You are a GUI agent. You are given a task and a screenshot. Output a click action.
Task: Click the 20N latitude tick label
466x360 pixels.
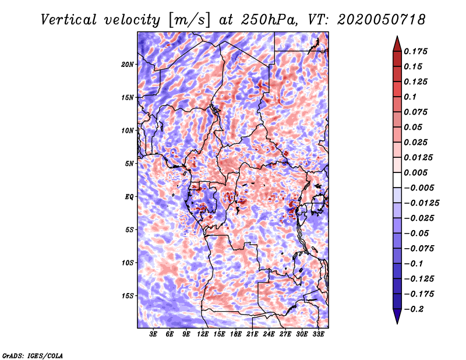(x=128, y=64)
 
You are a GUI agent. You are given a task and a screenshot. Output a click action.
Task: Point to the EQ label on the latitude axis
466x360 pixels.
(x=129, y=197)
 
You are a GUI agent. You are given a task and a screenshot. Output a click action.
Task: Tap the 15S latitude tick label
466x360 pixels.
(x=128, y=296)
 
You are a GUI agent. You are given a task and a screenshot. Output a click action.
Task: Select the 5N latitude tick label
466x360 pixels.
(x=129, y=164)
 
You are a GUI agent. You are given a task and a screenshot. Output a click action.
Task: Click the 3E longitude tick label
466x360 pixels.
(x=153, y=334)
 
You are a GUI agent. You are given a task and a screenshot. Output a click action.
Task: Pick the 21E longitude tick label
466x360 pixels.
(x=252, y=334)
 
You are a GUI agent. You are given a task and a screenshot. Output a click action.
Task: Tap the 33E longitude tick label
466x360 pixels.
(x=318, y=334)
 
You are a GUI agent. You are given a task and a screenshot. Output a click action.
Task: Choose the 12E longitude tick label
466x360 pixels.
(x=203, y=334)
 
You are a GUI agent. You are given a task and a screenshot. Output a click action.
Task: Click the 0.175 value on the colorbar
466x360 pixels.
(x=415, y=51)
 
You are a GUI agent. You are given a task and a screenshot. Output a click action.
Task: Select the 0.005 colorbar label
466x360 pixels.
(x=415, y=172)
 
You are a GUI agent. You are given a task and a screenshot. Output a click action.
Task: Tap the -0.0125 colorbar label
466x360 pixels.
(x=421, y=203)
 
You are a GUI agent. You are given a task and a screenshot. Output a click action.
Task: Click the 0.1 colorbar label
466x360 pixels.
(x=410, y=97)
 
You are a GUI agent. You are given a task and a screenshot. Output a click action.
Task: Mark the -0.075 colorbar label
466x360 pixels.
(x=419, y=249)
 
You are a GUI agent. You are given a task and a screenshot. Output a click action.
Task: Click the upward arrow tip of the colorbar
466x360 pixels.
(x=397, y=36)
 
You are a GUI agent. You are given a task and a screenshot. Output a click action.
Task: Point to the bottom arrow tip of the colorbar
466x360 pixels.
(x=397, y=323)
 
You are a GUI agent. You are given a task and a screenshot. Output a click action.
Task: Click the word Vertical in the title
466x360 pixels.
(x=69, y=20)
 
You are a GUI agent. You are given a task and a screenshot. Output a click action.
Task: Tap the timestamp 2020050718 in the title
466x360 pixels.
(x=382, y=20)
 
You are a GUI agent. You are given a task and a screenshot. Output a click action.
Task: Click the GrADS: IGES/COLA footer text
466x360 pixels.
(x=33, y=356)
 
